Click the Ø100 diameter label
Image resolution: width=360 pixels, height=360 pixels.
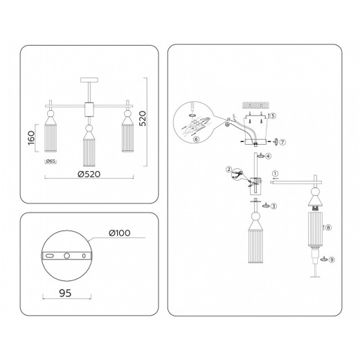[x=120, y=233]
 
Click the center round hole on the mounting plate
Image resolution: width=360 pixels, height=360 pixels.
[x=67, y=255]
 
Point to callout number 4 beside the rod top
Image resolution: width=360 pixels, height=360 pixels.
[x=268, y=156]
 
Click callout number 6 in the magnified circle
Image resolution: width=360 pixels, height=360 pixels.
[x=197, y=138]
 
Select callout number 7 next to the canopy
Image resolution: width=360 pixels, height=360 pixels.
[x=282, y=142]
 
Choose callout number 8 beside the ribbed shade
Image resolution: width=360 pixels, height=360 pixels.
[x=329, y=226]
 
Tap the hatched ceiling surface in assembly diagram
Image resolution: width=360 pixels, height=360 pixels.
[x=255, y=105]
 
